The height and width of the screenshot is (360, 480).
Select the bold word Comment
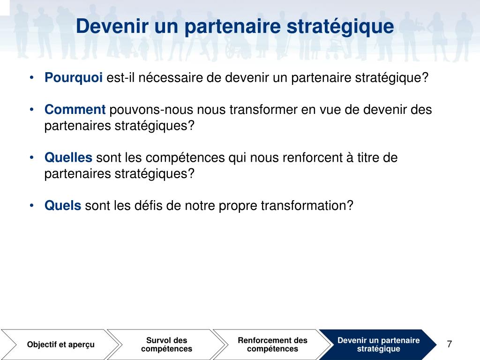75,110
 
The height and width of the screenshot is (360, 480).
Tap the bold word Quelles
68,158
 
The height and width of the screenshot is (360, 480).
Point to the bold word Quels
63,206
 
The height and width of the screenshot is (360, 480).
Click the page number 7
450,344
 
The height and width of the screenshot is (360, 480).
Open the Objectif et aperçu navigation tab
60,345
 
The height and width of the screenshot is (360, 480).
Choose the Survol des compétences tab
166,345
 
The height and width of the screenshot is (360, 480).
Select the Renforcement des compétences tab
272,345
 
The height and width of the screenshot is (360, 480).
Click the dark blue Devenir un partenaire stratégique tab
378,345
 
